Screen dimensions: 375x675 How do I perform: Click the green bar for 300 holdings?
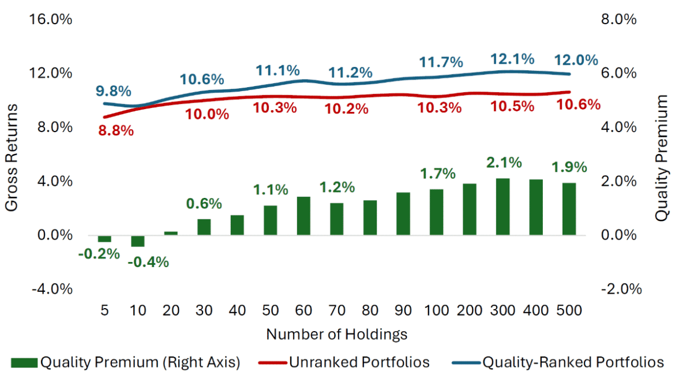503,207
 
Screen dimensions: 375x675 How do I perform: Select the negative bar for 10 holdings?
137,241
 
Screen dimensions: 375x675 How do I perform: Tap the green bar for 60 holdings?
303,216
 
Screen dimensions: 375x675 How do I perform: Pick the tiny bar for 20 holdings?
171,233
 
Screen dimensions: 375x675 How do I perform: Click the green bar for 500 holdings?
569,209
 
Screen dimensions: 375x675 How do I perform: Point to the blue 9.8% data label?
114,91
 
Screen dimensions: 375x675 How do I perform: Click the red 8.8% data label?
115,130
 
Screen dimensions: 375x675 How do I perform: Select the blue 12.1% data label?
512,59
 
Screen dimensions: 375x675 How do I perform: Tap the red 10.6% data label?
579,104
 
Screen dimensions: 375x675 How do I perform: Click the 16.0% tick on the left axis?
51,20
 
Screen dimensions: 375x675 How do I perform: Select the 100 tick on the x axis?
437,310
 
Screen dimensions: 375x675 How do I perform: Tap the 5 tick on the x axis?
104,310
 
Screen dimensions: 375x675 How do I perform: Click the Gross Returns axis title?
13,157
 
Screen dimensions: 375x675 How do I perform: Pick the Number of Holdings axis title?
337,334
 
